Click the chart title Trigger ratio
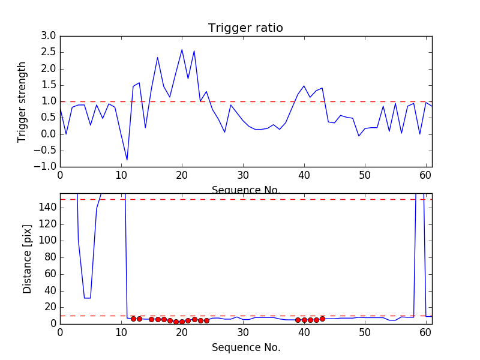coord(245,28)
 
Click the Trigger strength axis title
coord(22,101)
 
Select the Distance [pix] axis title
coord(28,258)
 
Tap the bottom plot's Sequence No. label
coord(246,347)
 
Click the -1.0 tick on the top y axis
coord(47,166)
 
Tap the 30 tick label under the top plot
coord(243,175)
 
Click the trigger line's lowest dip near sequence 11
coord(127,160)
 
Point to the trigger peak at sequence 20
coord(182,50)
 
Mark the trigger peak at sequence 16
coord(158,58)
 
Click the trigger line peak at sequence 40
coord(304,86)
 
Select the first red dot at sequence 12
coord(133,319)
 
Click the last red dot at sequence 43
coord(322,319)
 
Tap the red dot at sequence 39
coord(298,320)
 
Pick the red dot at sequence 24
coord(206,320)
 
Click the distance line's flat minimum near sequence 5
coord(88,298)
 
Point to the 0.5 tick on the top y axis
coord(49,118)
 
